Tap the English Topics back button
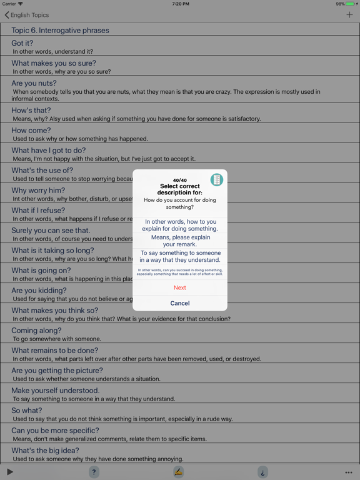pos(26,15)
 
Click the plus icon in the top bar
pos(349,14)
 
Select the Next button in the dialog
pos(180,287)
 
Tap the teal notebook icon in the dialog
pos(216,180)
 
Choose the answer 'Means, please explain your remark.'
pos(180,241)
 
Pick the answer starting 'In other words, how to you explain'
pos(180,225)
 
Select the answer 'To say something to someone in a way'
pos(180,256)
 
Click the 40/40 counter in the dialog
pos(180,181)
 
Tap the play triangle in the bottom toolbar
pos(10,472)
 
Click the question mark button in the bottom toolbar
pos(94,472)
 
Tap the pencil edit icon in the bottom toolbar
pos(179,472)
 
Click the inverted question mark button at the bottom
pos(263,472)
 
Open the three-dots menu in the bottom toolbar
pos(349,472)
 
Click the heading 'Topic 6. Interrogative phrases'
pos(60,30)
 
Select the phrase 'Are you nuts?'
pos(34,83)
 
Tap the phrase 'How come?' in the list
pos(31,131)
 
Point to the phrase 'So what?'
pos(27,411)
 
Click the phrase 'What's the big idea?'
pos(45,451)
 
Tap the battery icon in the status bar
pos(351,4)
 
